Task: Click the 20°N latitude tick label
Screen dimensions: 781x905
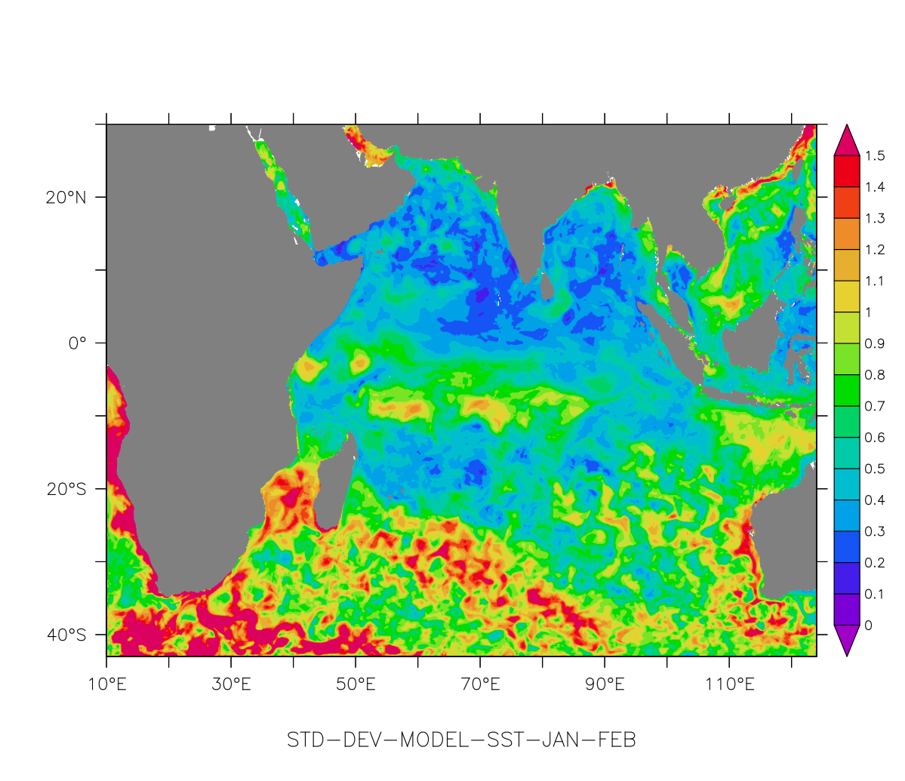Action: (66, 198)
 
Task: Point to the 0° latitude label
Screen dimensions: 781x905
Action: (78, 343)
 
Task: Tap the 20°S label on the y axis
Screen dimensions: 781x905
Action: (66, 489)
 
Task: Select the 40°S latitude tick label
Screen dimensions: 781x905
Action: (66, 635)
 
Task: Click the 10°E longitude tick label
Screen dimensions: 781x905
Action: (106, 685)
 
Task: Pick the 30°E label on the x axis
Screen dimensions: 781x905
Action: (231, 685)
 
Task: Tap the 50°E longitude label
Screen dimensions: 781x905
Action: (356, 685)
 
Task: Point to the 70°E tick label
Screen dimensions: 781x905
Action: (480, 685)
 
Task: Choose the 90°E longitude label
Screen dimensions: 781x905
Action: (605, 685)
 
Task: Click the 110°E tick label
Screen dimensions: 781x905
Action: (729, 685)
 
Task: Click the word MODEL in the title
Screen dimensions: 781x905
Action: (433, 740)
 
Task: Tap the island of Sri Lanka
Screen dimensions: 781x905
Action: (546, 287)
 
